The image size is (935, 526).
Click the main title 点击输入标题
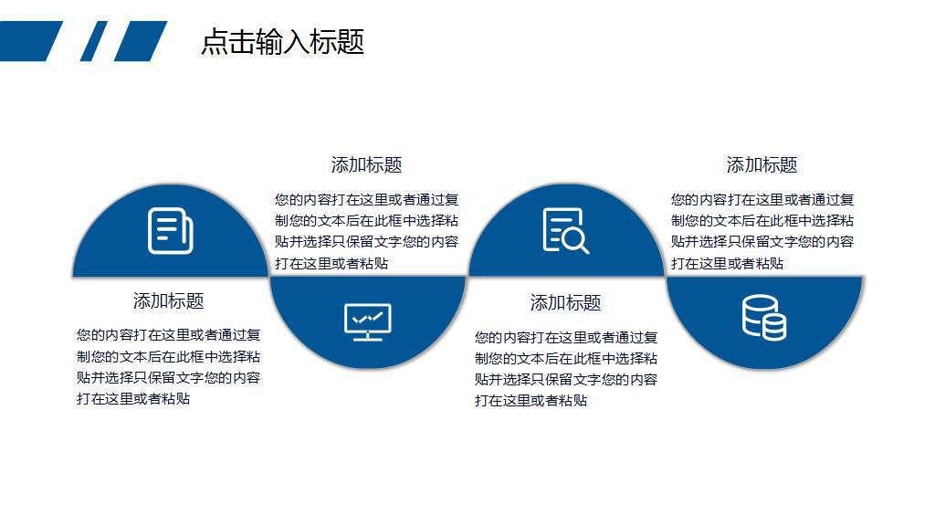coord(282,42)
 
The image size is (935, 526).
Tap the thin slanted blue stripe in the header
coord(93,41)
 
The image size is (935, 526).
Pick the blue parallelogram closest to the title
coord(141,41)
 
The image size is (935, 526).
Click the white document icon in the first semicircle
coord(171,231)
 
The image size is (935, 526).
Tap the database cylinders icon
coord(763,317)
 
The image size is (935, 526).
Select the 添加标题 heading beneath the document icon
coord(168,301)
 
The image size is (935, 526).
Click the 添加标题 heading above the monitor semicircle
coord(366,165)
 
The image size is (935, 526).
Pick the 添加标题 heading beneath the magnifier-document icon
coord(565,303)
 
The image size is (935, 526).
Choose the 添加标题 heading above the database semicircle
coord(762,165)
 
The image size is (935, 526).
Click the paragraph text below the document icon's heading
coord(169,367)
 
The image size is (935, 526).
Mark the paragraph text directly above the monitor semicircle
coord(366,231)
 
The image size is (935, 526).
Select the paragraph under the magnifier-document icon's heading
coord(566,369)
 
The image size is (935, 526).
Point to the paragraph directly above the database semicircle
coord(762,231)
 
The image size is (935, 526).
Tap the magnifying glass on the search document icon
coord(575,241)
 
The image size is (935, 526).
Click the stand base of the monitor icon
coord(368,339)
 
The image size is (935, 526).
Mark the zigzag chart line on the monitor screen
coord(368,318)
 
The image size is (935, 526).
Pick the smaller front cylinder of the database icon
coord(774,327)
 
